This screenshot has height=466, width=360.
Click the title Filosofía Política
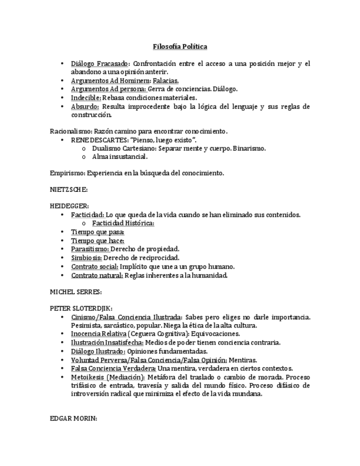pos(180,47)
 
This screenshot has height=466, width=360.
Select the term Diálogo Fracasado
pos(99,64)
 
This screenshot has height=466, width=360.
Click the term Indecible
pos(86,98)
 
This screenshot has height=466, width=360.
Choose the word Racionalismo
pos(70,132)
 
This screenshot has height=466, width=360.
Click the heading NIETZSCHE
pos(69,190)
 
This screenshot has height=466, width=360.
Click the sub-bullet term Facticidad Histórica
pos(123,223)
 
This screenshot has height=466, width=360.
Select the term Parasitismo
pos(90,249)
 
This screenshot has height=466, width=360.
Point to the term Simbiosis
pos(86,258)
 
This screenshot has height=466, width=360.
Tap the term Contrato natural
pos(97,275)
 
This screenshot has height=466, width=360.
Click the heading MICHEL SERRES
pos(76,292)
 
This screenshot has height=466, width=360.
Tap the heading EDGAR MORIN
pos(73,419)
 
